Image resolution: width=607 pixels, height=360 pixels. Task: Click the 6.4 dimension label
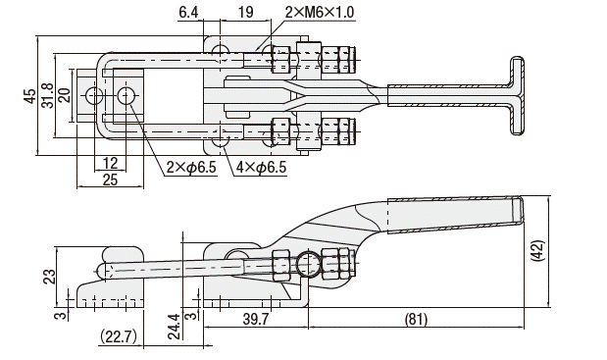[x=188, y=13]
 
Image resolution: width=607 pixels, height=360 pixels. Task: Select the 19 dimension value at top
[x=245, y=13]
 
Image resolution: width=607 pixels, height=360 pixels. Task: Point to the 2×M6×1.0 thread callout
[x=320, y=13]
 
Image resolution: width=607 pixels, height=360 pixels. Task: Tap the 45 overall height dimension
[x=30, y=96]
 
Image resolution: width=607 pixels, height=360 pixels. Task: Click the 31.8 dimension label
[x=48, y=95]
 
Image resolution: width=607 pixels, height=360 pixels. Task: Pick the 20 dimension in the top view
[x=65, y=95]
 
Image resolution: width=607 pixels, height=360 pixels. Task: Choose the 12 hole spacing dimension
[x=111, y=163]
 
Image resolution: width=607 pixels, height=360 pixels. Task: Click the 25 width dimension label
[x=111, y=180]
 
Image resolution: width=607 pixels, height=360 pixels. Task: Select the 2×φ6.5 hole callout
[x=191, y=167]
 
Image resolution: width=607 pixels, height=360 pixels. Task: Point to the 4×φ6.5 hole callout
[x=261, y=167]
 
